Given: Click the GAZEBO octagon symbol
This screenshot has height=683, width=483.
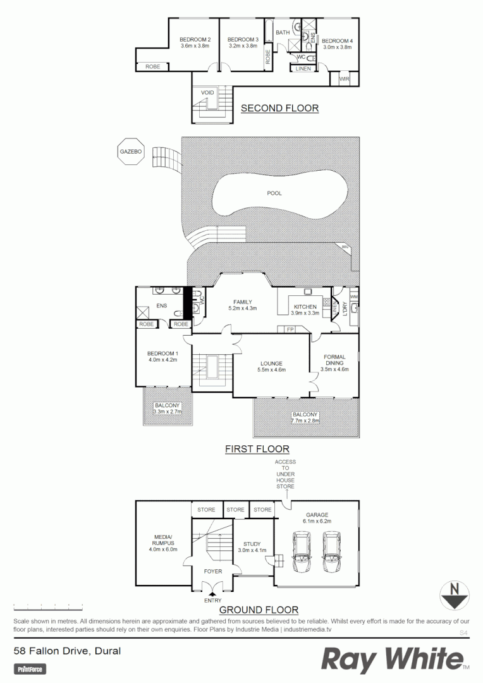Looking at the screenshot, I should coord(131,152).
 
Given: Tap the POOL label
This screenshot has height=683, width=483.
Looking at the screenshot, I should coord(274,193).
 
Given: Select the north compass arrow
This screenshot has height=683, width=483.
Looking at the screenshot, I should coord(454,594).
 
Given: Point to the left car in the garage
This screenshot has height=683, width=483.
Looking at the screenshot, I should coord(302,551).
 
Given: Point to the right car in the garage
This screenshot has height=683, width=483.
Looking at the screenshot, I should coord(332,551).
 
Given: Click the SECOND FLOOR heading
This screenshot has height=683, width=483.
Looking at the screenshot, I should coord(279,108).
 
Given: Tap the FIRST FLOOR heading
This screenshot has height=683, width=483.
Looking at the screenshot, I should coord(257,449).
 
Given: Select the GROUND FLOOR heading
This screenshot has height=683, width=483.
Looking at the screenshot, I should coord(258,610).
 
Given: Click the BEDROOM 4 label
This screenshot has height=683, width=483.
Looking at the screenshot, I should coord(338,40).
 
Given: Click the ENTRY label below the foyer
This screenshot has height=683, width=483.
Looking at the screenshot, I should coord(212,601).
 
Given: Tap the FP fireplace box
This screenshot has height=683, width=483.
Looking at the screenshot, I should coord(290,329).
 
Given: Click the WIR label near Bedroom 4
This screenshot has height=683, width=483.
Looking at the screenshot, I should coord(344,79).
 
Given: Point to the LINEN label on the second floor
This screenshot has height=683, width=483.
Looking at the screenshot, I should coord(303,68).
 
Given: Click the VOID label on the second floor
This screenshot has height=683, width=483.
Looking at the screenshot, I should coord(207,93).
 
